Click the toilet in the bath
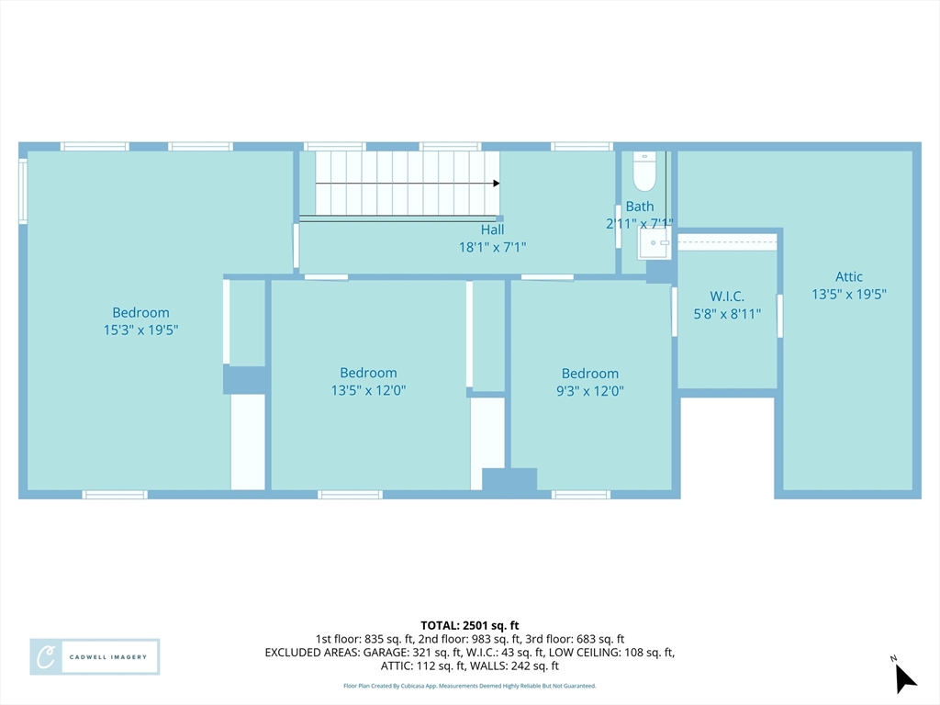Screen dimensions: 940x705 click(644, 172)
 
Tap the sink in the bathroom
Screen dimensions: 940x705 click(654, 243)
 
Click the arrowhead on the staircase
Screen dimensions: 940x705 click(497, 183)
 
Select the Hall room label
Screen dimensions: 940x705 click(492, 229)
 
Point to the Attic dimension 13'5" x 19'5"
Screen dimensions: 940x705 click(849, 294)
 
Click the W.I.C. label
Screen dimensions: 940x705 click(727, 297)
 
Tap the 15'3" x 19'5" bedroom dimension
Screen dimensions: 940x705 click(140, 330)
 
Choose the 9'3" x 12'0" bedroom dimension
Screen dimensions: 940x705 click(590, 391)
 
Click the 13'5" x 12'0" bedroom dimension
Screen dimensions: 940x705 click(369, 390)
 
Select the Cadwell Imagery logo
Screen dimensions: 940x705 click(95, 657)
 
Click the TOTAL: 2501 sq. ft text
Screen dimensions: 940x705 click(469, 626)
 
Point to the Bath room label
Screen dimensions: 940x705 click(640, 207)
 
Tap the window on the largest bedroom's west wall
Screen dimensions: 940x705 click(23, 191)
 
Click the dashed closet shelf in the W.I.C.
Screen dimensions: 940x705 click(727, 242)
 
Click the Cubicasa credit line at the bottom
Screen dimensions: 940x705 click(469, 686)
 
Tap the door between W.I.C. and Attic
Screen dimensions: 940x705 click(780, 316)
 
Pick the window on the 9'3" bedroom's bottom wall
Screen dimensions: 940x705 click(581, 495)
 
